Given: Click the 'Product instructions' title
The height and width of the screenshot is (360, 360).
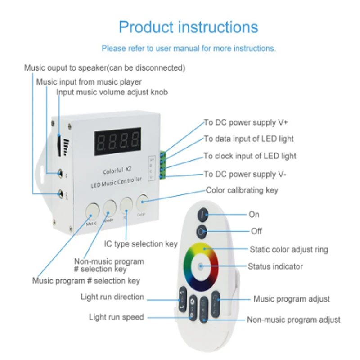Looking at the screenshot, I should [188, 27].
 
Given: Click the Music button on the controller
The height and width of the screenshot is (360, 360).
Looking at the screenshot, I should [92, 211].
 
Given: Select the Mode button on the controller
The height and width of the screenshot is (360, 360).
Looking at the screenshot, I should [110, 208].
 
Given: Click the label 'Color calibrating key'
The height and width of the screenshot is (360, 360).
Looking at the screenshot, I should [242, 190].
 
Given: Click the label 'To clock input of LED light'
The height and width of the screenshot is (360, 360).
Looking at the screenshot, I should [250, 156].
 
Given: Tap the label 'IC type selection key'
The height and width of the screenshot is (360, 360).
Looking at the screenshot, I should [141, 244].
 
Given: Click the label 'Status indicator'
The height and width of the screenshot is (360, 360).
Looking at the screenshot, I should [275, 266].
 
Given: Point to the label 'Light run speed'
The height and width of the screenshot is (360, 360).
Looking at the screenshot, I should [116, 317].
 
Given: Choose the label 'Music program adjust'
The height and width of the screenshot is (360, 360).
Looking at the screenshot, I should [292, 299].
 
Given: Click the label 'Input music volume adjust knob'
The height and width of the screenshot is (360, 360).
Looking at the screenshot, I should [112, 93].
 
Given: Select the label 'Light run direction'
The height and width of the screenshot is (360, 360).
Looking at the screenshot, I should [112, 297].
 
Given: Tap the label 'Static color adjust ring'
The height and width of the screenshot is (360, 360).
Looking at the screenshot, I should [289, 249].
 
